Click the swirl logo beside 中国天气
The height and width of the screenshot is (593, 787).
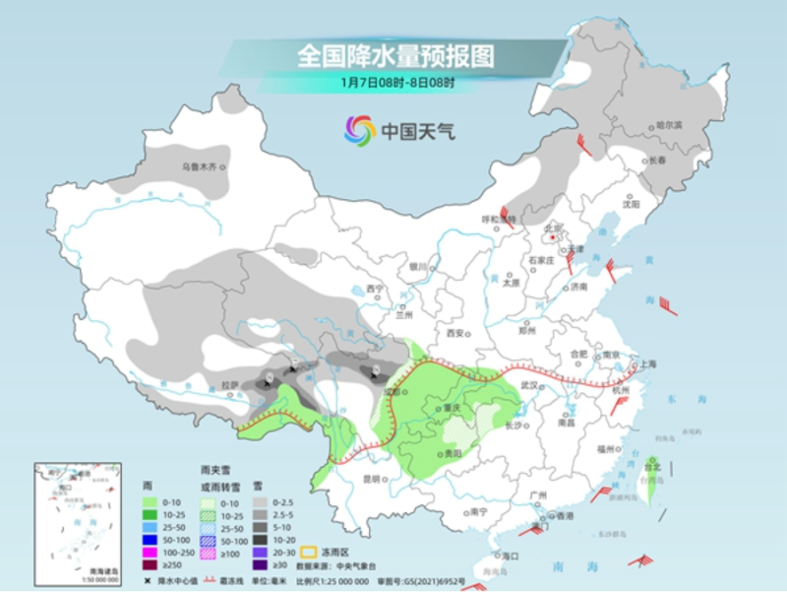tap(359, 130)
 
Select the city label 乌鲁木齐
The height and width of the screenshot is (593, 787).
tap(197, 167)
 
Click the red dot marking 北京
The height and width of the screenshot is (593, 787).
tap(554, 236)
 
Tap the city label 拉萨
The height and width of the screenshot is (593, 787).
tap(230, 385)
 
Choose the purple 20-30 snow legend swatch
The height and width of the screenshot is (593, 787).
tap(260, 552)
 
